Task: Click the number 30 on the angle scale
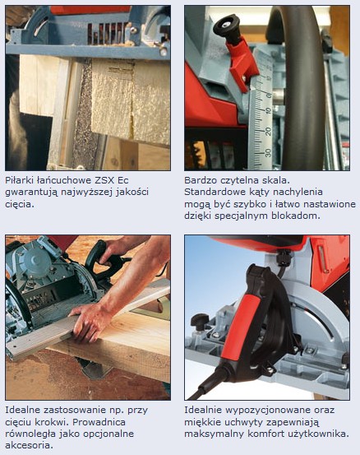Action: click(x=268, y=153)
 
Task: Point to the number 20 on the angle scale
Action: click(x=268, y=132)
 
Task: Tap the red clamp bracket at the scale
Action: click(x=242, y=64)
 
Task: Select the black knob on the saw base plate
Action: click(x=200, y=320)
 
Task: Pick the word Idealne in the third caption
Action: click(x=23, y=410)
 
